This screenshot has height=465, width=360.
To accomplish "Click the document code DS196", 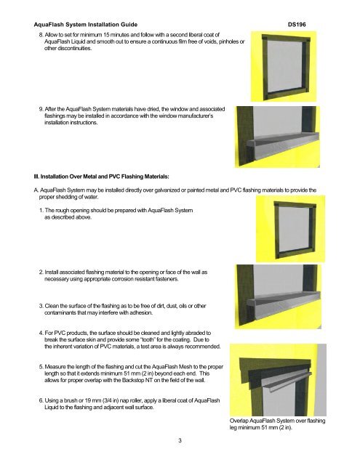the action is pyautogui.click(x=297, y=25).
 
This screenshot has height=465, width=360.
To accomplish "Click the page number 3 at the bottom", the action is pyautogui.click(x=180, y=440).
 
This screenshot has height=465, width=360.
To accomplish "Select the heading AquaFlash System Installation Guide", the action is pyautogui.click(x=86, y=25).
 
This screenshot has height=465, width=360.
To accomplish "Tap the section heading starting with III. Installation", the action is pyautogui.click(x=102, y=177).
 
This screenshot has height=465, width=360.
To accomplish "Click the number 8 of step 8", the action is pyautogui.click(x=41, y=35).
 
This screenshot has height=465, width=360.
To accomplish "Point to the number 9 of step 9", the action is pyautogui.click(x=41, y=109).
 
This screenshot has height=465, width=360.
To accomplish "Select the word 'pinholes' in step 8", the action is pyautogui.click(x=228, y=42).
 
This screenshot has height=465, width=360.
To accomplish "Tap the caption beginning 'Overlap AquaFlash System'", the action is pyautogui.click(x=278, y=424).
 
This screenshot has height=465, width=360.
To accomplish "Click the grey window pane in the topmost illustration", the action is pyautogui.click(x=285, y=66).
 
